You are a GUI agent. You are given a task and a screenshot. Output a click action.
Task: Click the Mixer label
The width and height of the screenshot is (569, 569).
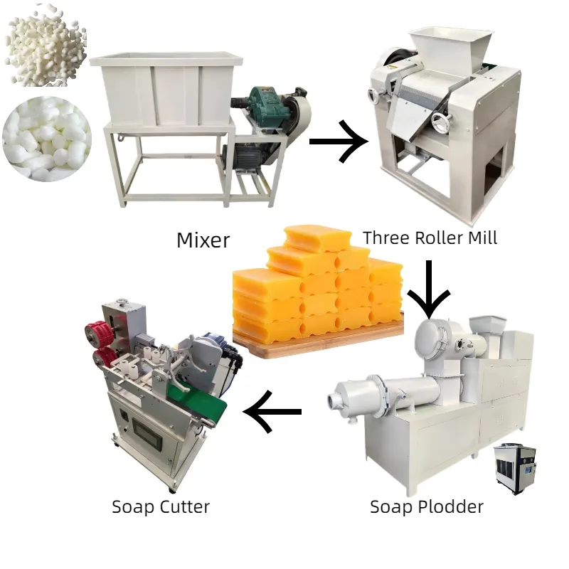click(x=203, y=240)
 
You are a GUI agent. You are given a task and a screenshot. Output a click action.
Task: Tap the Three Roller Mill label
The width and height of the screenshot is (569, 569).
click(x=430, y=238)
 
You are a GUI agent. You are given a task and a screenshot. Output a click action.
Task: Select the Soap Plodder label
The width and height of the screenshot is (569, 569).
click(x=426, y=506)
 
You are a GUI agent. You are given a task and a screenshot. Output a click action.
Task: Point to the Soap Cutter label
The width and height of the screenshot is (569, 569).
click(x=161, y=506)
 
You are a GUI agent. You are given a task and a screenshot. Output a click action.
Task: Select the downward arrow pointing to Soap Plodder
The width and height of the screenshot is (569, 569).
click(x=429, y=289)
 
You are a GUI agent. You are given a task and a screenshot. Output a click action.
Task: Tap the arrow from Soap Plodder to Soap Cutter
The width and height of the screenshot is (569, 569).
click(x=272, y=412)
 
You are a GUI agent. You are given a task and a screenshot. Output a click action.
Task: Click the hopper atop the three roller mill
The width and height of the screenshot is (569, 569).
click(x=451, y=46)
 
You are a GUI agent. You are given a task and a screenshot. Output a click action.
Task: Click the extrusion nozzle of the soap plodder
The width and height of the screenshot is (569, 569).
click(x=334, y=401)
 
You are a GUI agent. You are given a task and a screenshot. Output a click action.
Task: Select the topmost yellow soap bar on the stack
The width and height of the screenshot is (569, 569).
click(x=318, y=238)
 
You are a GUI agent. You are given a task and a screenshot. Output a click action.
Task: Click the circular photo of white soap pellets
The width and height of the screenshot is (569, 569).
click(x=47, y=139)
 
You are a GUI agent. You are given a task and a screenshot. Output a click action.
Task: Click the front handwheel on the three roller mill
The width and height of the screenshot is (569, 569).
click(x=442, y=121)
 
